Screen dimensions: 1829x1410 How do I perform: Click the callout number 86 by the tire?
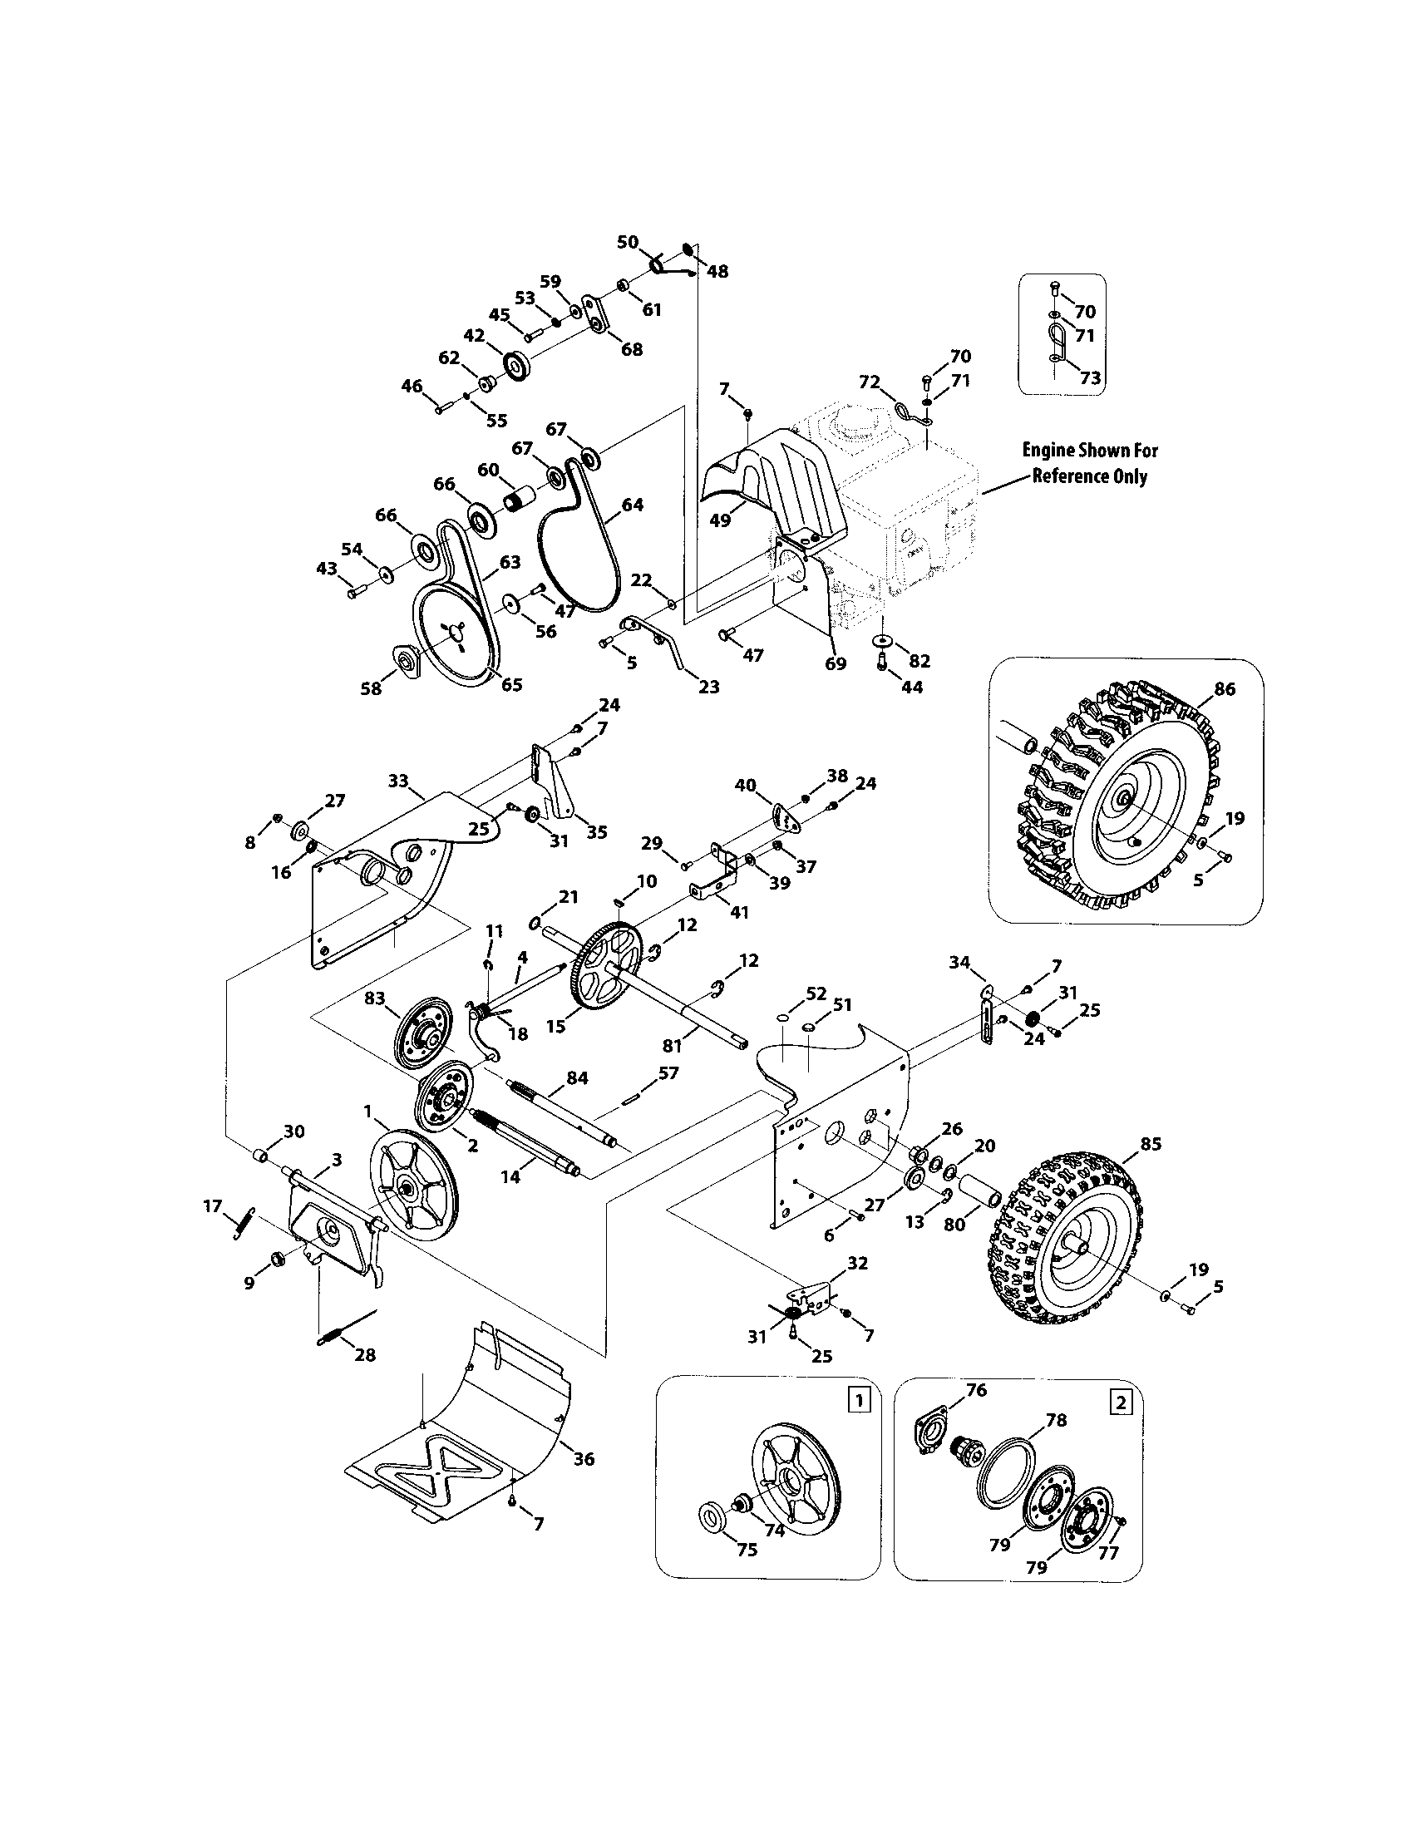[x=1223, y=689]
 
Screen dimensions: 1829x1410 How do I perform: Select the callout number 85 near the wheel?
[x=1151, y=1144]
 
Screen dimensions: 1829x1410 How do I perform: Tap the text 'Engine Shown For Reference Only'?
[x=1089, y=463]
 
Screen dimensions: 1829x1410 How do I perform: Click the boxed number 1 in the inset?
[x=855, y=1398]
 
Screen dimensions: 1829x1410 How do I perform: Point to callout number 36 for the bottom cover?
[x=584, y=1459]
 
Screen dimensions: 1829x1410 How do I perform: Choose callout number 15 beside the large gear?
[x=556, y=1027]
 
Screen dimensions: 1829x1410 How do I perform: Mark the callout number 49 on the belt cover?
[x=720, y=520]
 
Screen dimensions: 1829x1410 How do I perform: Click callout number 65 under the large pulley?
[x=510, y=684]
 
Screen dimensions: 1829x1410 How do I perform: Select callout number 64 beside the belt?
[x=632, y=505]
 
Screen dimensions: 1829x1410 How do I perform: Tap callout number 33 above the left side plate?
[x=398, y=781]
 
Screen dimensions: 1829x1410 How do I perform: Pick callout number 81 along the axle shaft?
[x=673, y=1045]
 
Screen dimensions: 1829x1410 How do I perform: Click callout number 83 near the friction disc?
[x=374, y=998]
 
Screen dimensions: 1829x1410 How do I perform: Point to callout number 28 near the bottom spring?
[x=365, y=1355]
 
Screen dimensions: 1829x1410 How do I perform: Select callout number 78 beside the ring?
[x=1056, y=1419]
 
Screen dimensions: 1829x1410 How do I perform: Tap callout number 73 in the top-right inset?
[x=1089, y=378]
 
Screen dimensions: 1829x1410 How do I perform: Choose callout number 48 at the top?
[x=717, y=271]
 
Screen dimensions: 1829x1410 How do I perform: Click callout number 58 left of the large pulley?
[x=371, y=688]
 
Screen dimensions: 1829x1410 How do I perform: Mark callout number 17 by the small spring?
[x=213, y=1206]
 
